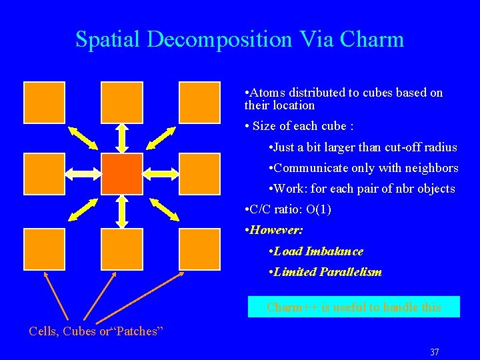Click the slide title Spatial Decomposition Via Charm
coord(239,39)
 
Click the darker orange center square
coord(122,174)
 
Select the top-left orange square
coord(44,102)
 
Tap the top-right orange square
coord(199,102)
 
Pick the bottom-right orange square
coord(199,249)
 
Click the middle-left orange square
coord(44,174)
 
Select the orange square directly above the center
coord(121,102)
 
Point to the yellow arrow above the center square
coord(122,138)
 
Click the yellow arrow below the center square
coord(122,211)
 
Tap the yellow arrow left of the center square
coord(83,175)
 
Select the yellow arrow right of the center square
coord(161,175)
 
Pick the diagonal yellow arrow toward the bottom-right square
coord(164,209)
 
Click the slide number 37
coord(434,352)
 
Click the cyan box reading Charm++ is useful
coord(353,307)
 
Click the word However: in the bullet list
coord(276,230)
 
